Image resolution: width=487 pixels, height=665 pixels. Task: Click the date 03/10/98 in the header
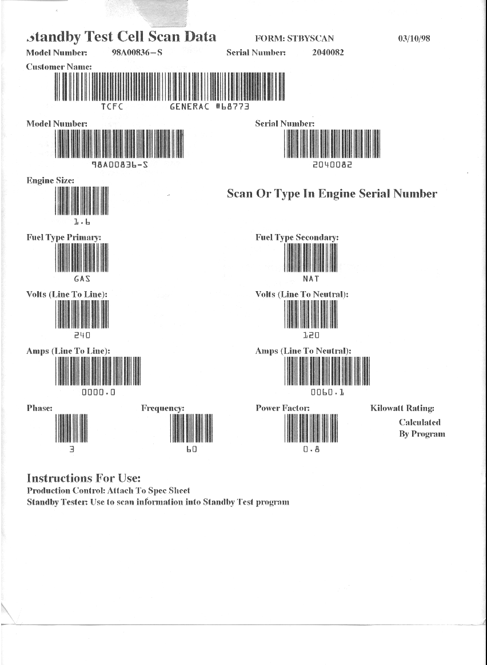click(413, 39)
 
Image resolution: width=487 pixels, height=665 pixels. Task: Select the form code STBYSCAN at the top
click(310, 39)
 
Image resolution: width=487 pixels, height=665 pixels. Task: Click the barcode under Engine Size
click(81, 201)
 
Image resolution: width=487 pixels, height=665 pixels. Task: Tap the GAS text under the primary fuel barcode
click(82, 279)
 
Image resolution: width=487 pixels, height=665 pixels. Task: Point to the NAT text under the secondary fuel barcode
click(311, 279)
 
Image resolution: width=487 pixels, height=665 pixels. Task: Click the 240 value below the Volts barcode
click(82, 336)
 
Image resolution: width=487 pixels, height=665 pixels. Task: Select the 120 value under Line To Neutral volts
click(311, 336)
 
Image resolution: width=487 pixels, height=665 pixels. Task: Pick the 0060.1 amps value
click(328, 393)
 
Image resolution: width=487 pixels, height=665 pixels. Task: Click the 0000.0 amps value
click(98, 393)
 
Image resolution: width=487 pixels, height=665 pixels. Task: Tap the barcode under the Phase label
click(71, 428)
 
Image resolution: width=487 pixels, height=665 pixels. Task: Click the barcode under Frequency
click(191, 428)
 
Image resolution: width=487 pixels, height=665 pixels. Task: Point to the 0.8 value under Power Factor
click(312, 449)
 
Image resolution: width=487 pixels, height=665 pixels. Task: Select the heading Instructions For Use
click(83, 478)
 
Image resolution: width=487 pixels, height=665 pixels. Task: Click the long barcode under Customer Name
click(169, 87)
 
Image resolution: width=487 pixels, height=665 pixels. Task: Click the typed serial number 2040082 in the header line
click(328, 53)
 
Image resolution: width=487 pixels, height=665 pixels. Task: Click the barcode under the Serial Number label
click(332, 143)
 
